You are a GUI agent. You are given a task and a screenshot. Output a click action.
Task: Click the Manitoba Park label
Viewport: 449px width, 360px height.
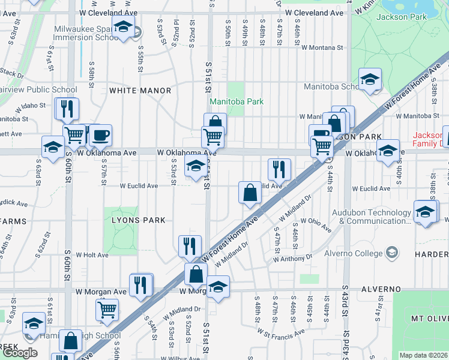(x=237, y=101)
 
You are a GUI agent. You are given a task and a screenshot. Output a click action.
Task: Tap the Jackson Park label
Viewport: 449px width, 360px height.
(x=400, y=17)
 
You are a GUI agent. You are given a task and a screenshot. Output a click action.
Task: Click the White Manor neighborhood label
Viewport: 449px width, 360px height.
(x=140, y=91)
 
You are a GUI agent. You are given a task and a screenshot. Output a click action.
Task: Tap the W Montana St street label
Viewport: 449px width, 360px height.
(x=322, y=47)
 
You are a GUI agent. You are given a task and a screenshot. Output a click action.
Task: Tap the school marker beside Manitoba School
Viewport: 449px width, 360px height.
(x=370, y=79)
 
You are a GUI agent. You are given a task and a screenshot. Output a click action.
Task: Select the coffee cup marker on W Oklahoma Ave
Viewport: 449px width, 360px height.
(x=101, y=135)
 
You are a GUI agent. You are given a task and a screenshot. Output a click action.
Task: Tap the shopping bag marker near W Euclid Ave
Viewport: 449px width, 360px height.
(x=250, y=193)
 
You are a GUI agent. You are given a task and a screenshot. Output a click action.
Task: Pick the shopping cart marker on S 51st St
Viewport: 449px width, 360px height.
(x=213, y=137)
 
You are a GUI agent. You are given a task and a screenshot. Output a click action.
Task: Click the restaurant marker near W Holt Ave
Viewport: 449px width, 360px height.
(x=187, y=245)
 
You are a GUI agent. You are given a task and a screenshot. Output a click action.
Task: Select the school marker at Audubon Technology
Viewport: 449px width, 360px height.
(x=425, y=212)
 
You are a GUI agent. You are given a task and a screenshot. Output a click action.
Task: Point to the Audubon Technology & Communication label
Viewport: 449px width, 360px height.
(x=374, y=217)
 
